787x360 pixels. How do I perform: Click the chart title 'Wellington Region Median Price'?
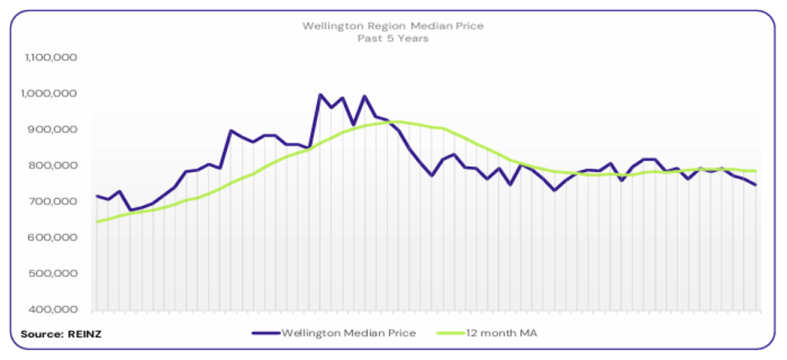(393, 26)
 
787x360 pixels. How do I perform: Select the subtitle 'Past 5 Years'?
(393, 38)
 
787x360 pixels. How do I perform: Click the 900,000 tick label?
(54, 130)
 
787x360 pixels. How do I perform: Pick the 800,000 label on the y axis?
(54, 166)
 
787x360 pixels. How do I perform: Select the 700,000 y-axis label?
(54, 202)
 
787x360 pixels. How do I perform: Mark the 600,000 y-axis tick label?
(54, 238)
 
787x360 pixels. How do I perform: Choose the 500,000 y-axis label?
(54, 274)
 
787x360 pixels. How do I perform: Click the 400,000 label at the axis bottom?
(54, 310)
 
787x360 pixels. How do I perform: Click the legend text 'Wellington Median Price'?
(348, 333)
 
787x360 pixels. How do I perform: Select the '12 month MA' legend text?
(501, 333)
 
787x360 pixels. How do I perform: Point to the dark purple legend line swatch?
(266, 333)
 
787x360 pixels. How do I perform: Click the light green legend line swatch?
(450, 333)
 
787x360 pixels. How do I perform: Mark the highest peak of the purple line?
(320, 95)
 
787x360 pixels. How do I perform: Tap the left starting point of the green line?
(97, 222)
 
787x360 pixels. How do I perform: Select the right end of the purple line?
(756, 185)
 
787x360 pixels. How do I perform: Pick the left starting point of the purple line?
(97, 196)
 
